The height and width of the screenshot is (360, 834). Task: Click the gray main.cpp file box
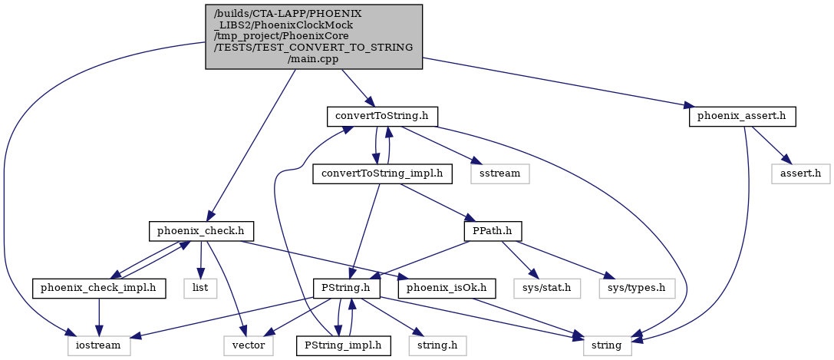pos(314,37)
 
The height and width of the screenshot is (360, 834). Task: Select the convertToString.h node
pos(382,117)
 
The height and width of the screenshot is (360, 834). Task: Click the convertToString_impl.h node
pos(382,174)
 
